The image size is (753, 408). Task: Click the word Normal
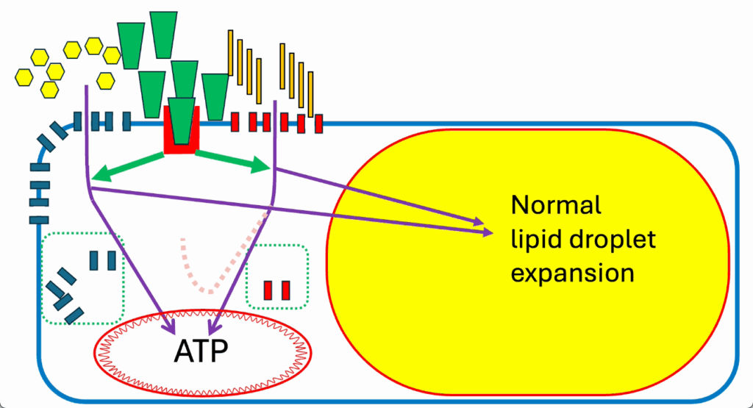click(x=556, y=205)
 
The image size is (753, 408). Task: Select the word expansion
click(x=572, y=273)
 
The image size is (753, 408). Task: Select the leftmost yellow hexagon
click(x=24, y=77)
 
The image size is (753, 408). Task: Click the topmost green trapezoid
click(x=163, y=35)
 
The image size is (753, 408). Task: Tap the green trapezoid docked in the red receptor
click(x=182, y=121)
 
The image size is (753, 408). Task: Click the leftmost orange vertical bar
click(x=230, y=52)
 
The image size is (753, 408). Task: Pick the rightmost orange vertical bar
click(x=311, y=94)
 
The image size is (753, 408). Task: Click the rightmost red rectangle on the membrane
click(x=319, y=124)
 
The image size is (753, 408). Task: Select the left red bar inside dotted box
click(x=268, y=290)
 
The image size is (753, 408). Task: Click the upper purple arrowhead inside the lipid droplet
click(x=479, y=221)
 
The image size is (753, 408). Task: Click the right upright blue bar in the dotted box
click(x=112, y=261)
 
